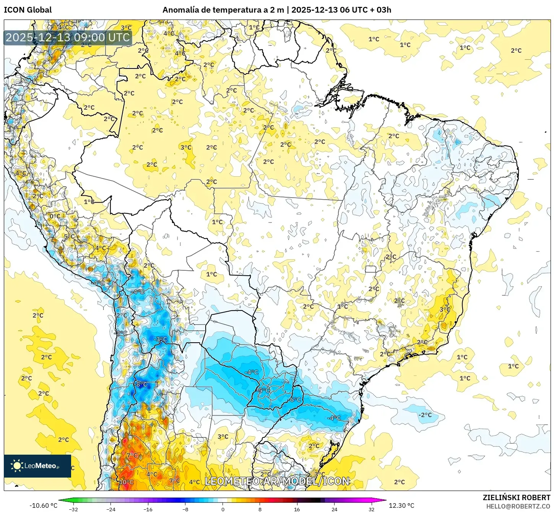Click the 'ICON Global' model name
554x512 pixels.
[x=28, y=10]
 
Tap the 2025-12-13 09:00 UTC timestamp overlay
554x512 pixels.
[x=68, y=37]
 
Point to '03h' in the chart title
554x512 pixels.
[x=383, y=10]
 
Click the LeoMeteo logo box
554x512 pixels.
[x=37, y=466]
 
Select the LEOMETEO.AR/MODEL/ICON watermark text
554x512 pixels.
[x=277, y=481]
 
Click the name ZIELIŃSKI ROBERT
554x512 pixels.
[x=516, y=497]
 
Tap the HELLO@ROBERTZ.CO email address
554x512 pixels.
[x=518, y=506]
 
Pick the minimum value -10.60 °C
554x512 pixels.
[x=43, y=505]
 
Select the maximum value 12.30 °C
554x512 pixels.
[x=401, y=505]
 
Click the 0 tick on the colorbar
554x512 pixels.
[x=223, y=509]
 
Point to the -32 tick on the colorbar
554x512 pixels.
[x=73, y=509]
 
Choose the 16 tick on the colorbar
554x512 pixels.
[x=297, y=509]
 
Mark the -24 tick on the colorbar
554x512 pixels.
[x=110, y=509]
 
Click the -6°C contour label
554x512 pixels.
[x=295, y=400]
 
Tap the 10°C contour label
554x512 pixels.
[x=126, y=482]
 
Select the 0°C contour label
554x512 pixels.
[x=55, y=216]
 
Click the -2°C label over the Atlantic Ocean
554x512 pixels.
[x=425, y=415]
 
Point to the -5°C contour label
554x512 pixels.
[x=264, y=390]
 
